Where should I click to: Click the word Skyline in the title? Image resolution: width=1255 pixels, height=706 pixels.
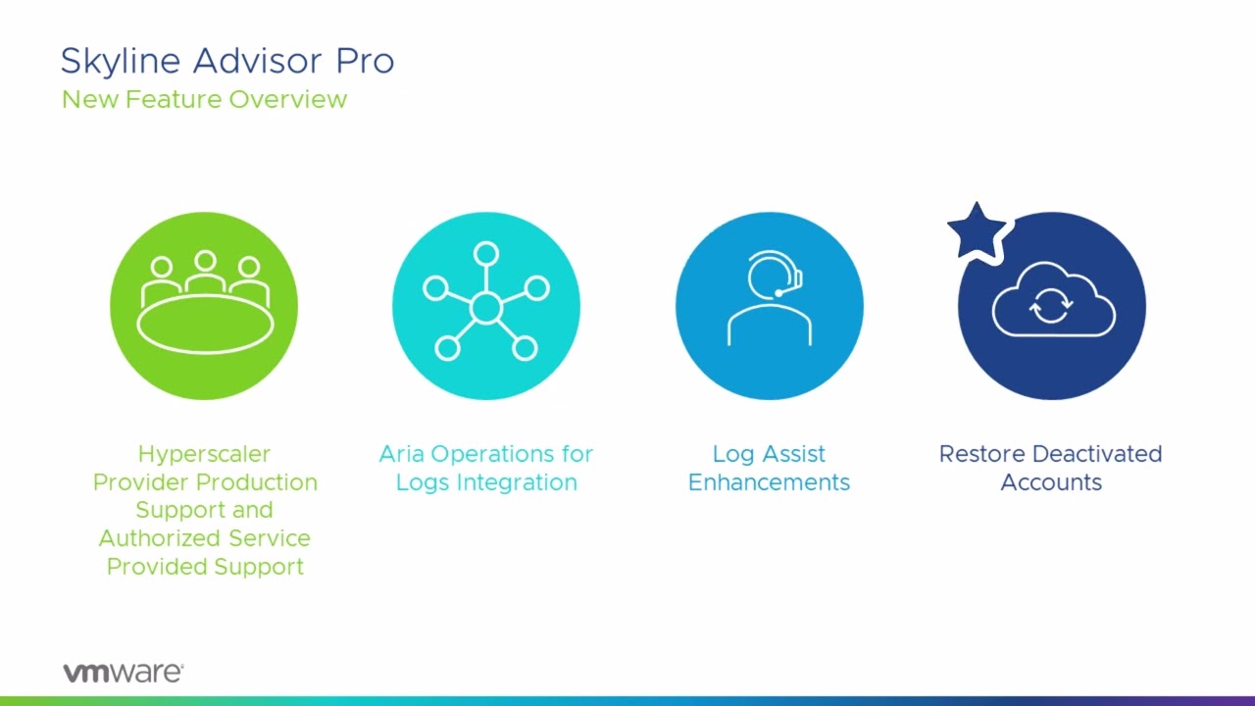pyautogui.click(x=121, y=62)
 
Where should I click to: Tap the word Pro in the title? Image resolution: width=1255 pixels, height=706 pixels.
pyautogui.click(x=366, y=61)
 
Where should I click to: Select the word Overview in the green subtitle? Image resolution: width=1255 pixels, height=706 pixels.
pyautogui.click(x=288, y=99)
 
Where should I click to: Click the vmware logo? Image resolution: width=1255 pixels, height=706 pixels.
pyautogui.click(x=124, y=672)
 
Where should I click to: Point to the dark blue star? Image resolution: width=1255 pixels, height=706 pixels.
pyautogui.click(x=977, y=232)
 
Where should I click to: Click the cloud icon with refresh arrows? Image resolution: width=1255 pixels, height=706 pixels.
pyautogui.click(x=1053, y=300)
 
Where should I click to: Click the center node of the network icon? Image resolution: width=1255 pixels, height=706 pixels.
pyautogui.click(x=485, y=307)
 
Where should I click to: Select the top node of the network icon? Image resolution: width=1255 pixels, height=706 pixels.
pyautogui.click(x=485, y=254)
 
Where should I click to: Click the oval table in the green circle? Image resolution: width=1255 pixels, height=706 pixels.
pyautogui.click(x=205, y=324)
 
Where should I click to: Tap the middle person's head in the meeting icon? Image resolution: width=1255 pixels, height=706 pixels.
pyautogui.click(x=205, y=261)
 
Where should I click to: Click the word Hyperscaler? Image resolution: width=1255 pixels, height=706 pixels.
pyautogui.click(x=205, y=454)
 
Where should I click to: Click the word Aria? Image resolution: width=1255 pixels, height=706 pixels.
pyautogui.click(x=401, y=454)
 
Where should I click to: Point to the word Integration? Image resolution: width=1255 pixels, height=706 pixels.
pyautogui.click(x=517, y=483)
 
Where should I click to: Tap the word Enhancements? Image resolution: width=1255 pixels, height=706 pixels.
pyautogui.click(x=769, y=482)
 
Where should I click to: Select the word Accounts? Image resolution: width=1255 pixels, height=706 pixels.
pyautogui.click(x=1051, y=482)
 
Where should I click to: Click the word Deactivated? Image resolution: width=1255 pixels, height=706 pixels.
pyautogui.click(x=1097, y=454)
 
